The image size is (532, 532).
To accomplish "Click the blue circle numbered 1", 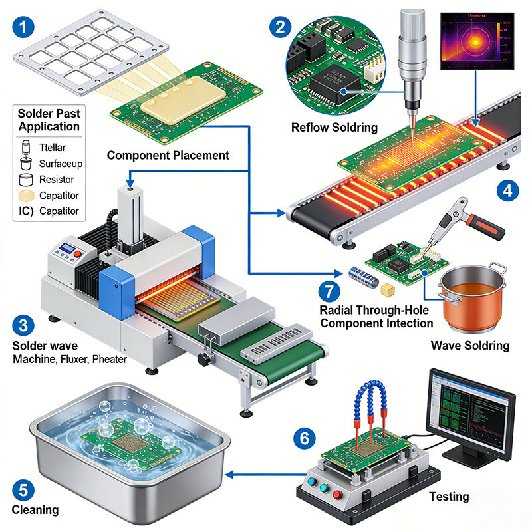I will coord(24,27).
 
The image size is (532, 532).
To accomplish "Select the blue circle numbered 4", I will coord(507,191).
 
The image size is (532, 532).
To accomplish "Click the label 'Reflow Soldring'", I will coord(334,127).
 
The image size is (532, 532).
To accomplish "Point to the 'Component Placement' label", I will coord(168,155).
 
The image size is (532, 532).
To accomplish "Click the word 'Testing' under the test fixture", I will coord(449,496).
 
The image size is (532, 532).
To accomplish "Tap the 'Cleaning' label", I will coord(35,510).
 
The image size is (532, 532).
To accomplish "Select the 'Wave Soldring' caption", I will coord(470,345).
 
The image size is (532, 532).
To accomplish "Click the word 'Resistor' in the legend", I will coord(57,179).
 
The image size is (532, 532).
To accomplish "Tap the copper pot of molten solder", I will coord(471,299).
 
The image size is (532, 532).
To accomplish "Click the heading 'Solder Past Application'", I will coord(49,120).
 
